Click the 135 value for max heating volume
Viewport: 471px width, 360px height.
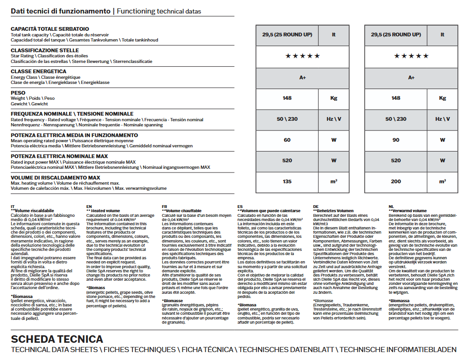coord(287,181)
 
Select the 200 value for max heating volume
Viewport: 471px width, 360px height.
coord(395,181)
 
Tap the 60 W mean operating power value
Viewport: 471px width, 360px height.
coord(287,140)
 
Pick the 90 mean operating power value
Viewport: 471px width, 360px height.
coord(395,140)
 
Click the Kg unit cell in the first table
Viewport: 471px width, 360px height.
coord(333,98)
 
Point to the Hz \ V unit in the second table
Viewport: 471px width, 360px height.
coord(442,119)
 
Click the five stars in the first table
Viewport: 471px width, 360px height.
coord(303,56)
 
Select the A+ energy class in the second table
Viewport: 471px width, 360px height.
coord(411,77)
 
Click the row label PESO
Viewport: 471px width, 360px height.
coord(18,93)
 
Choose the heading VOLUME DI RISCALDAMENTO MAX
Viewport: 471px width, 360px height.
coord(55,178)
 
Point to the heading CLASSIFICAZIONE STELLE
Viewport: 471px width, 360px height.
coord(45,50)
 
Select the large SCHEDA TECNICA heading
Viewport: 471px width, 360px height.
coord(57,339)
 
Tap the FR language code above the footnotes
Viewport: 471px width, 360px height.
coord(164,206)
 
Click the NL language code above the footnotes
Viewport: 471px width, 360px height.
coord(391,206)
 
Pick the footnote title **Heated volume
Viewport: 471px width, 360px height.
coord(103,211)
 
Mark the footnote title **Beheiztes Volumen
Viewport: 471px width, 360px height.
coord(333,211)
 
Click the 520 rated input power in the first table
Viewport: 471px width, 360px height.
coord(287,161)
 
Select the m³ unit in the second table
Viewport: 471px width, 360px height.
coord(442,181)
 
